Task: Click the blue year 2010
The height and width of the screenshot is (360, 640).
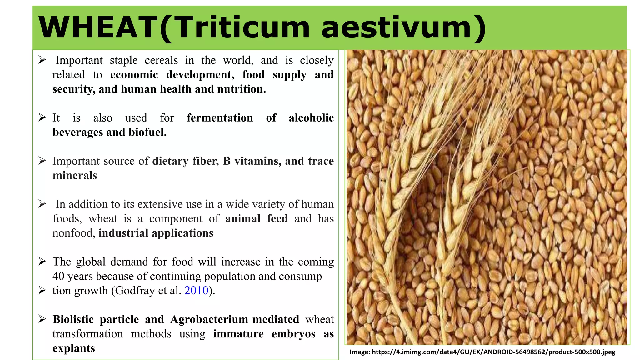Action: point(196,291)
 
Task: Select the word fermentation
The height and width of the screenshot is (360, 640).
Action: point(220,118)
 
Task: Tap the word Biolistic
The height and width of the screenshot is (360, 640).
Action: point(73,319)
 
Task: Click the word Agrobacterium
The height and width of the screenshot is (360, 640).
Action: point(209,319)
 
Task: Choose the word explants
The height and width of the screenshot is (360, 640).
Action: point(74,348)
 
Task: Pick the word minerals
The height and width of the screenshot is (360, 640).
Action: point(75,176)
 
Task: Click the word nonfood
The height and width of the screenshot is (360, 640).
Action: point(73,233)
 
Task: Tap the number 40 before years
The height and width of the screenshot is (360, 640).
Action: point(58,276)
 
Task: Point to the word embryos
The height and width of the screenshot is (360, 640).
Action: point(293,334)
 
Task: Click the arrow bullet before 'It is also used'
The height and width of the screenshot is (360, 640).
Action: point(42,117)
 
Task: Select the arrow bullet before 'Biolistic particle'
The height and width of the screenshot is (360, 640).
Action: point(42,319)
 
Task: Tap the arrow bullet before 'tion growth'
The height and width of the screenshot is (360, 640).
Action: point(42,290)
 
